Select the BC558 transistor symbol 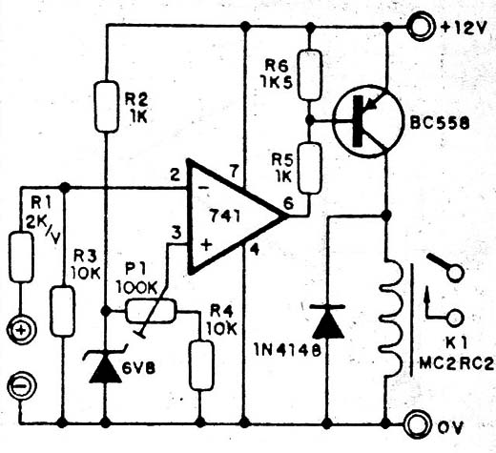point(368,121)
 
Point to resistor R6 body point(310,74)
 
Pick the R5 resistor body point(309,168)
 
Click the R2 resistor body point(107,106)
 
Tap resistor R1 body point(21,257)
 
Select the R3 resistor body point(63,311)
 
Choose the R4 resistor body point(201,365)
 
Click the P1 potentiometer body point(150,311)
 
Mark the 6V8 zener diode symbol point(105,364)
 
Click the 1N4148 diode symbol point(328,321)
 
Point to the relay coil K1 point(392,319)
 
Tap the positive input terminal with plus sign point(21,331)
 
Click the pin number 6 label point(288,203)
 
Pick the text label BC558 point(439,123)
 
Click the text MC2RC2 point(457,363)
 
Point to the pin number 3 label point(176,233)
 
